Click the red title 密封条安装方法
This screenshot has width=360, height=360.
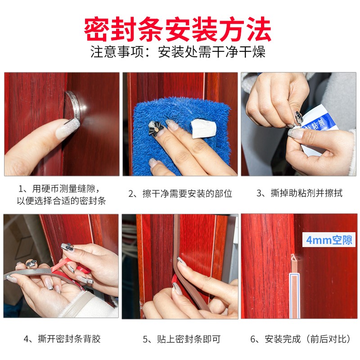pos(177,29)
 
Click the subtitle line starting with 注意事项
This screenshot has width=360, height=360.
pos(178,52)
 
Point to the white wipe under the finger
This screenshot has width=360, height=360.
pos(204,129)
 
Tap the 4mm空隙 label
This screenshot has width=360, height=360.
pos(329,240)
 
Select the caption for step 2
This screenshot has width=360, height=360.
pos(180,193)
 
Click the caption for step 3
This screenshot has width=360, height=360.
pos(299,193)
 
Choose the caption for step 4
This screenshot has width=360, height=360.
pos(62,339)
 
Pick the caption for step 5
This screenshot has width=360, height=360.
pos(181,339)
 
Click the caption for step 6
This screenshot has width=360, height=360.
pos(301,339)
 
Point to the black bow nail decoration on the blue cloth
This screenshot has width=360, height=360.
pos(155,129)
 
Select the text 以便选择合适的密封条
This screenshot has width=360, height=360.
pos(61,201)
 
